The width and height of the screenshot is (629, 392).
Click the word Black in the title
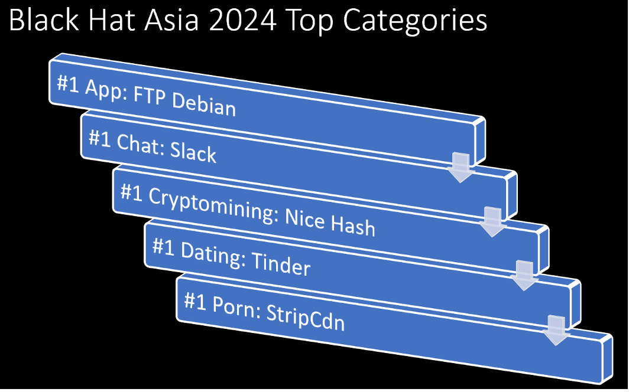click(44, 20)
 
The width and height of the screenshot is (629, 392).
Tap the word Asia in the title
click(171, 20)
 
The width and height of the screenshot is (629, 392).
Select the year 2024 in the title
click(243, 21)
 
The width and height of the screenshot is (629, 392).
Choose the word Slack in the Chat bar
click(193, 152)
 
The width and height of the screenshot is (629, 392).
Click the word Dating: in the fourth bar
click(213, 254)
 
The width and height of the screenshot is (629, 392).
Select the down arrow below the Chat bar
click(492, 222)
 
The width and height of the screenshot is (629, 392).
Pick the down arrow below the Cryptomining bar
click(524, 276)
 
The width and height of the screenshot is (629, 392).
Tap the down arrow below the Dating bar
click(556, 331)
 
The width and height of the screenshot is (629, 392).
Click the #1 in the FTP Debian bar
click(68, 84)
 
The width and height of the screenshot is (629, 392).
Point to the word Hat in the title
click(112, 20)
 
